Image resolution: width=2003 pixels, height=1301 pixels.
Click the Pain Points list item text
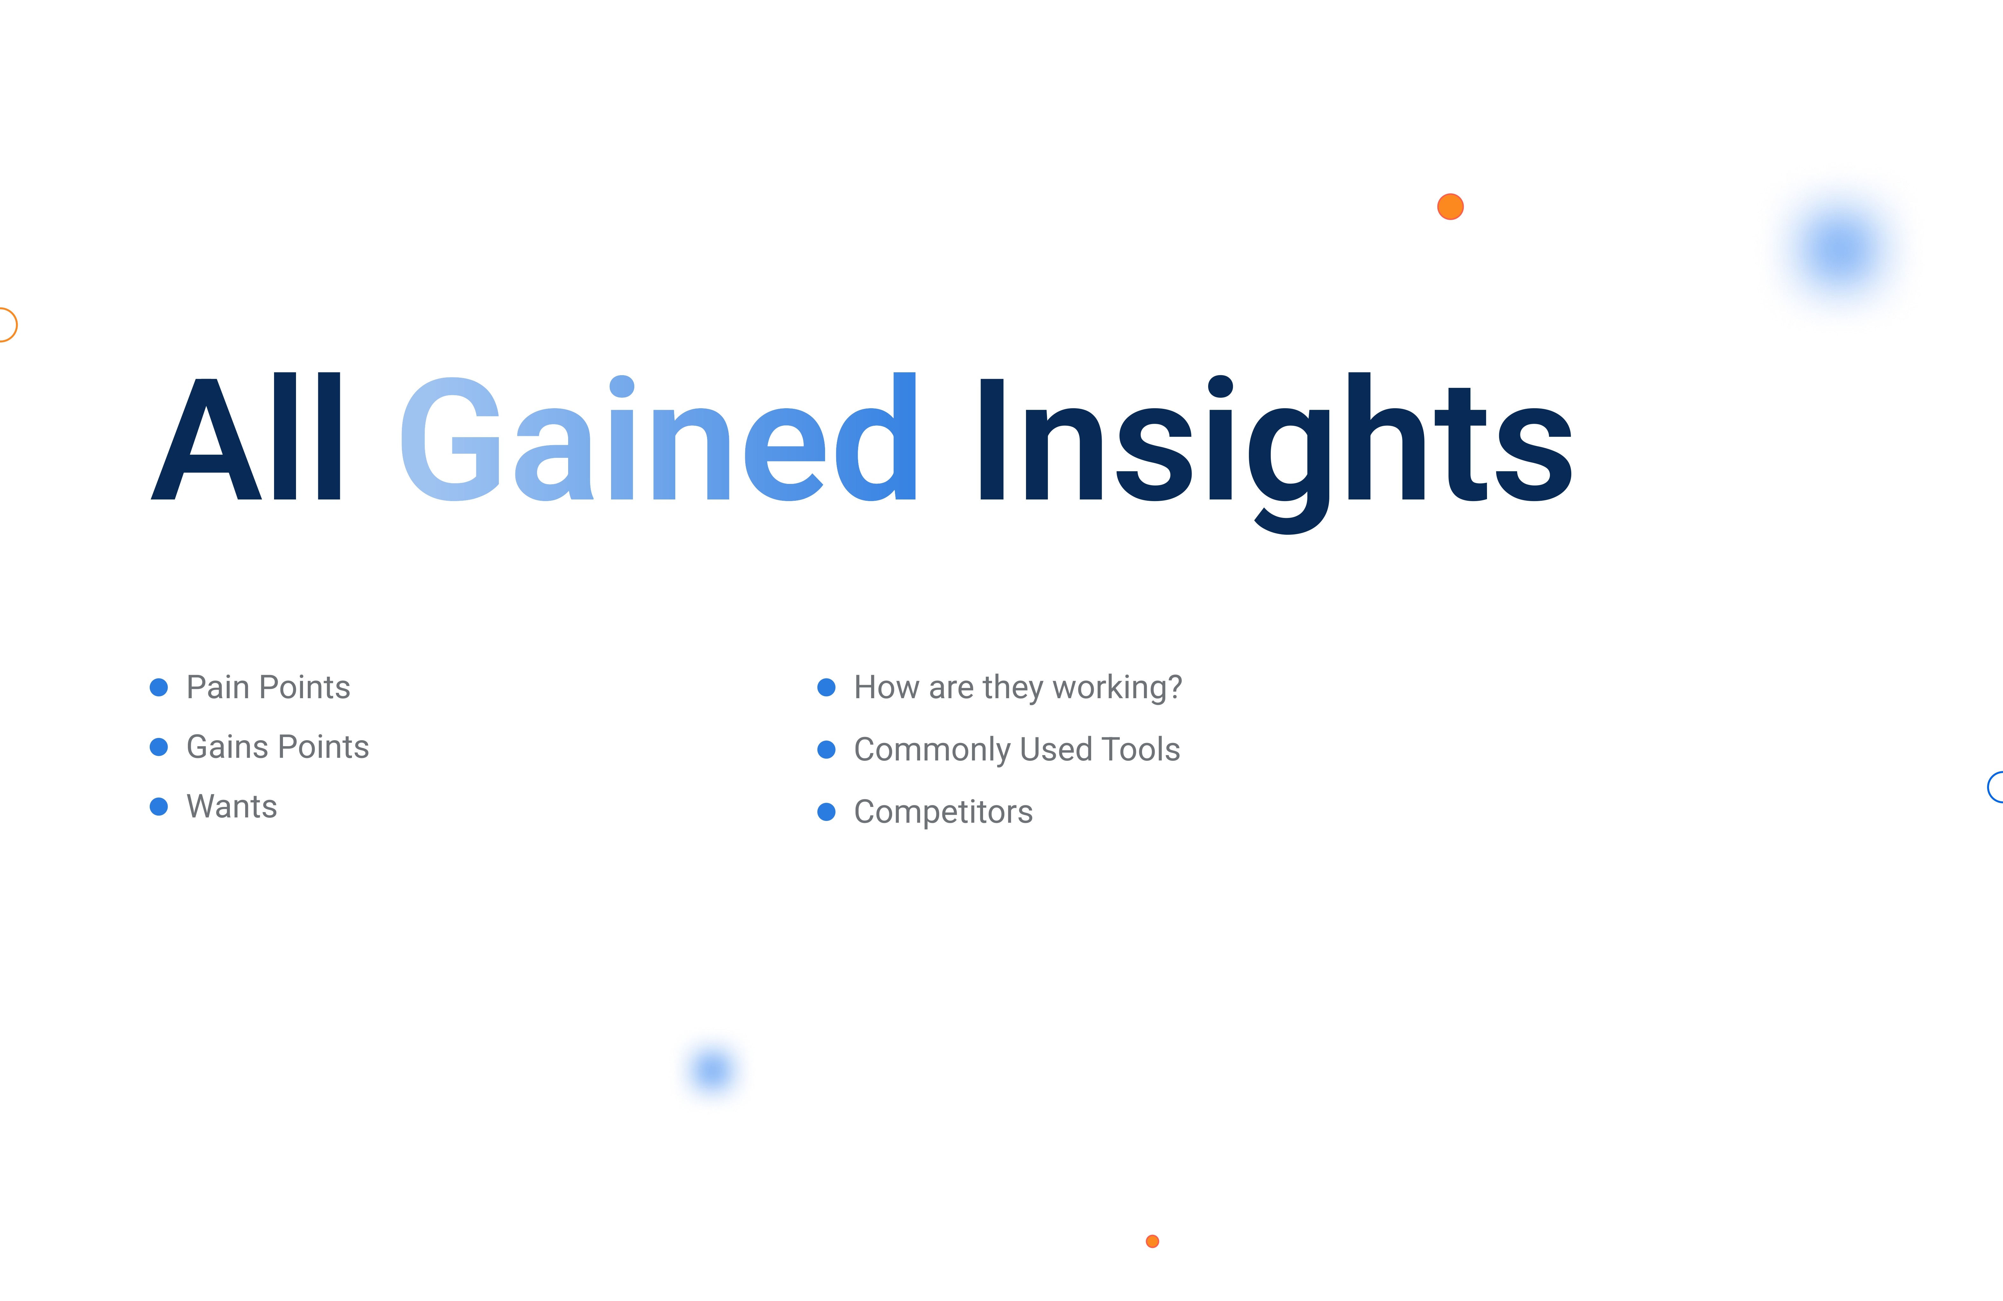click(x=268, y=687)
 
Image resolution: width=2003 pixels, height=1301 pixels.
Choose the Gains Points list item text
click(x=278, y=747)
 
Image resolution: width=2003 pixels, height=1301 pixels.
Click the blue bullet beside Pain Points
click(x=158, y=687)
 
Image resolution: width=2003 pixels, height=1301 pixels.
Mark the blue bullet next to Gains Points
click(x=158, y=747)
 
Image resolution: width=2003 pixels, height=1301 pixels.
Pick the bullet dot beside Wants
click(x=158, y=807)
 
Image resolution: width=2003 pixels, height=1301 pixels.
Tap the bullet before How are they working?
click(x=826, y=687)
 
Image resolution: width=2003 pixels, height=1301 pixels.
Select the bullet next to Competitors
click(x=826, y=812)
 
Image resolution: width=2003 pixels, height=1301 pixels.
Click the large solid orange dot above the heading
click(x=1450, y=206)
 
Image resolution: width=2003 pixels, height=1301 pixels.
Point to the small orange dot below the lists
click(x=1152, y=1241)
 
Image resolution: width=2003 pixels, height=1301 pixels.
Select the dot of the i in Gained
click(x=621, y=386)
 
